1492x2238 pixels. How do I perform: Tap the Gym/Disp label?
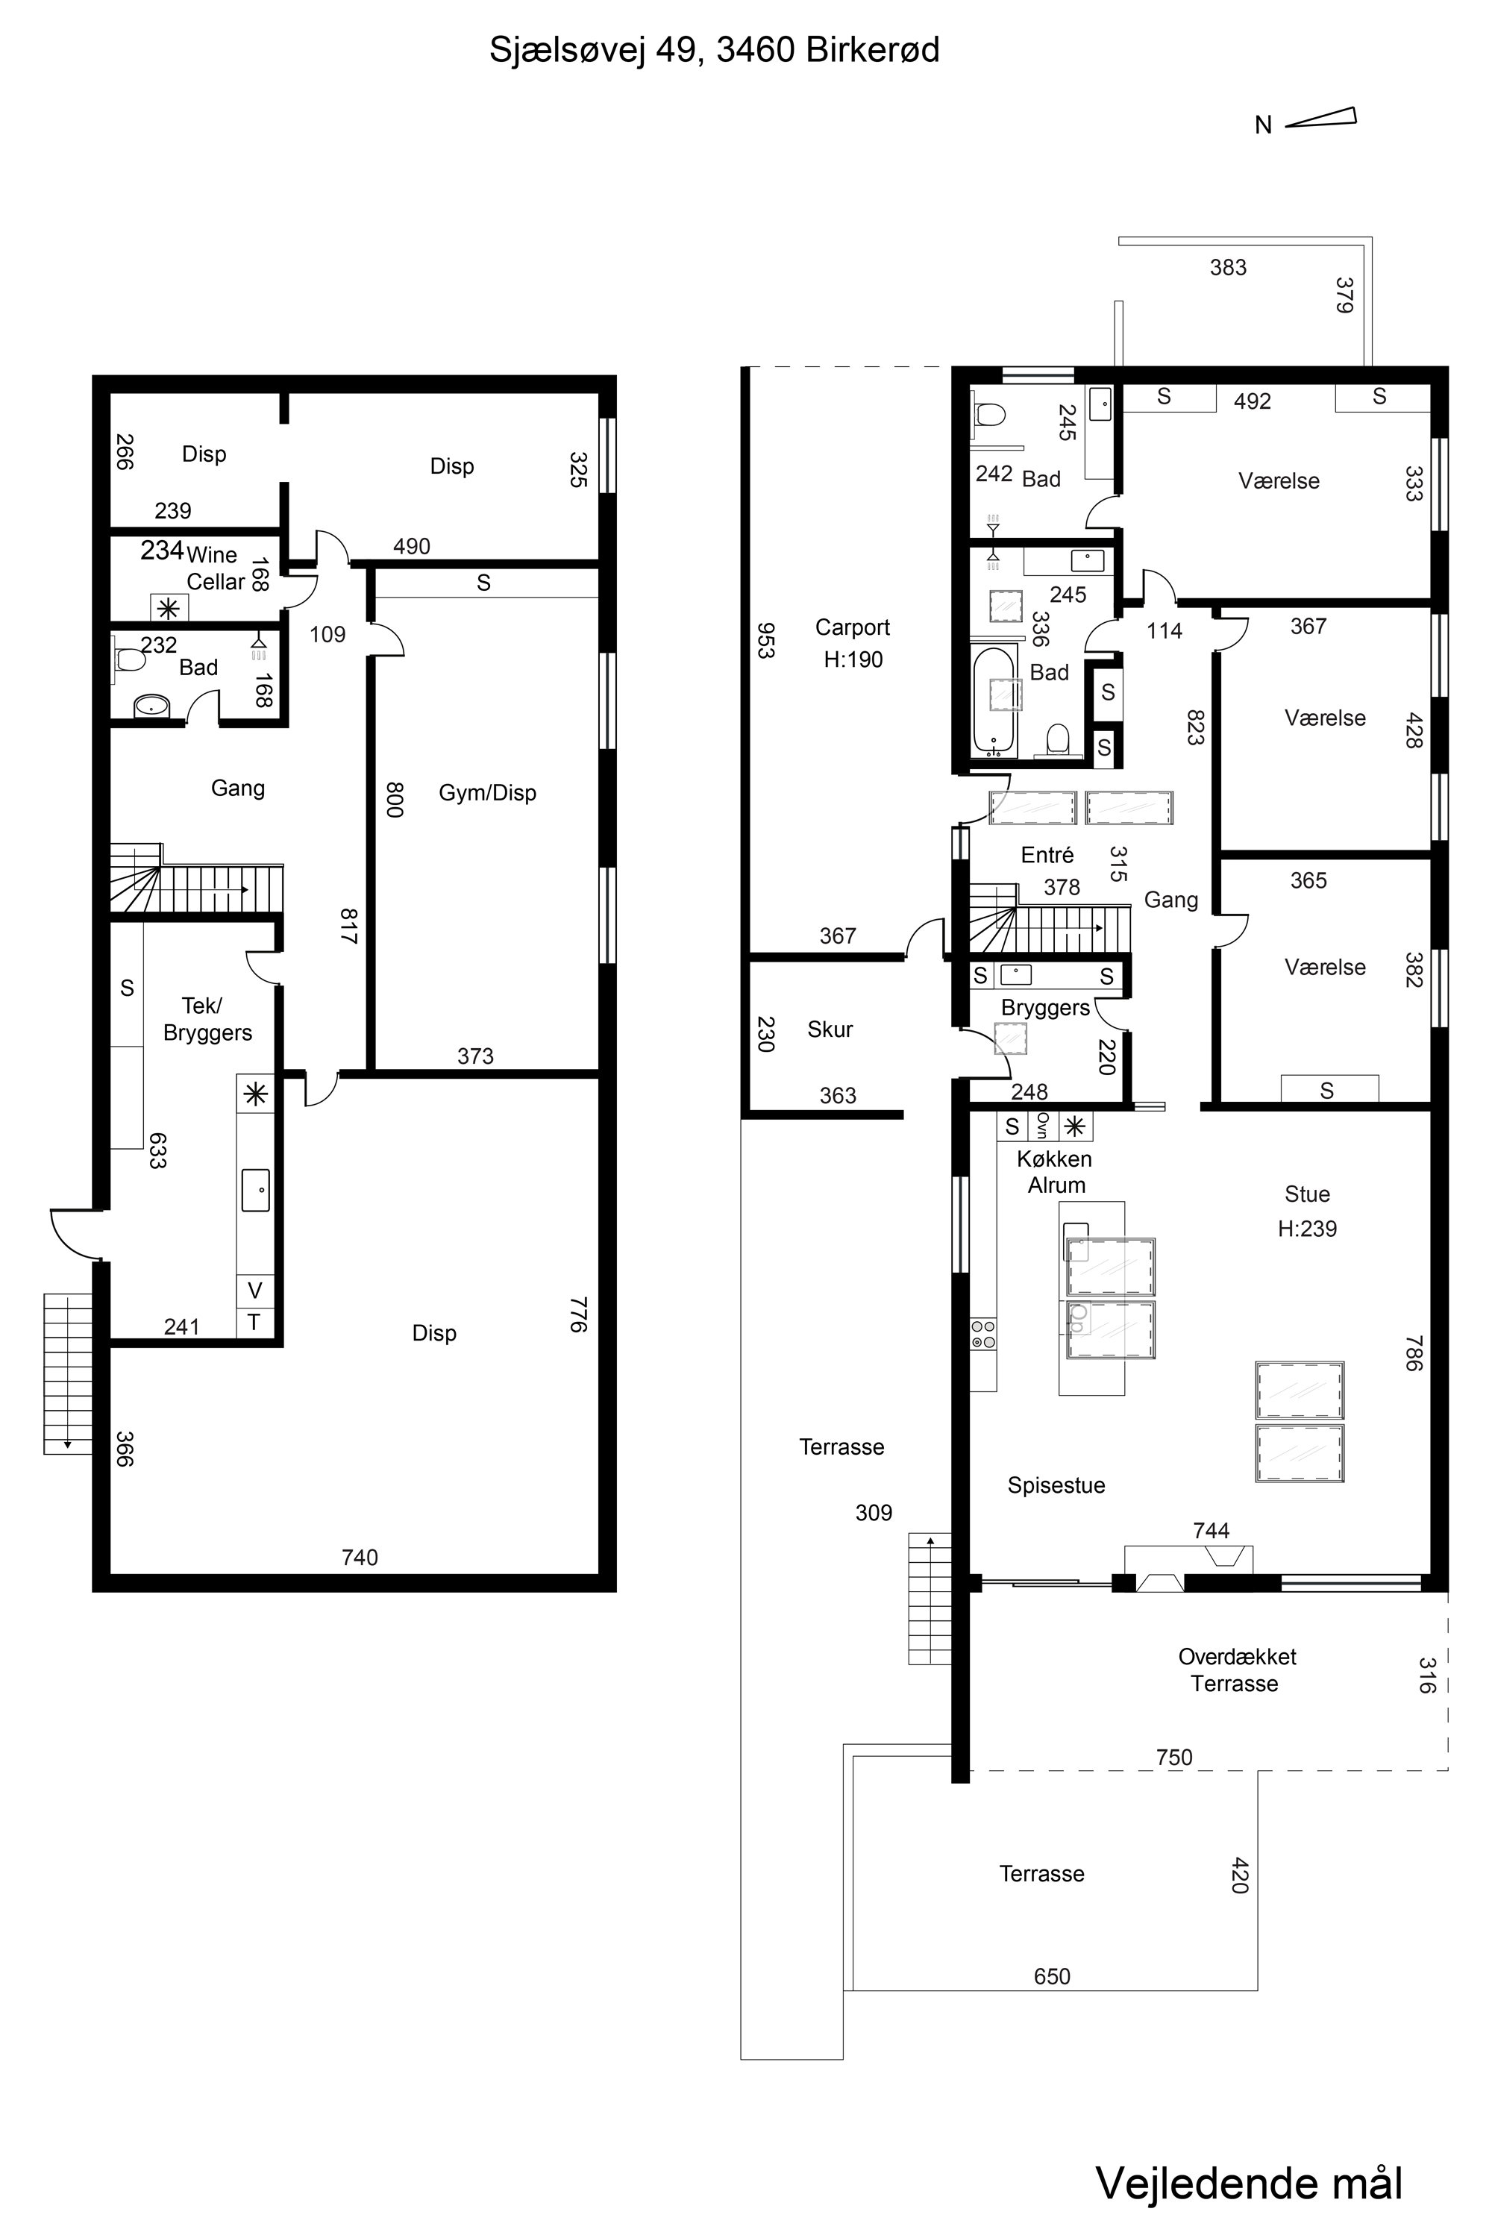point(487,792)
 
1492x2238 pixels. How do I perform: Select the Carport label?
point(853,627)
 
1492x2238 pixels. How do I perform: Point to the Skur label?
point(830,1029)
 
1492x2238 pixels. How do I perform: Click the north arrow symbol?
point(1320,118)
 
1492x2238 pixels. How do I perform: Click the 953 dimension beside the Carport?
point(765,640)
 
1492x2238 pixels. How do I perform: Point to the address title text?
point(714,49)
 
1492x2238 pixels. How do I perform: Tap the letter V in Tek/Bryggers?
point(254,1291)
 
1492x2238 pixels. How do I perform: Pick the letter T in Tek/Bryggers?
point(254,1322)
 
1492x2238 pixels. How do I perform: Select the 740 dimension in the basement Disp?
point(360,1557)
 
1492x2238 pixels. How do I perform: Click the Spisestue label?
point(1056,1485)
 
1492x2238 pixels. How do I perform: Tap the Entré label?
point(1047,854)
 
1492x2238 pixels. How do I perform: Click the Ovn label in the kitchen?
point(1043,1126)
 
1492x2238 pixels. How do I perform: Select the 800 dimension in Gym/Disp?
point(395,799)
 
